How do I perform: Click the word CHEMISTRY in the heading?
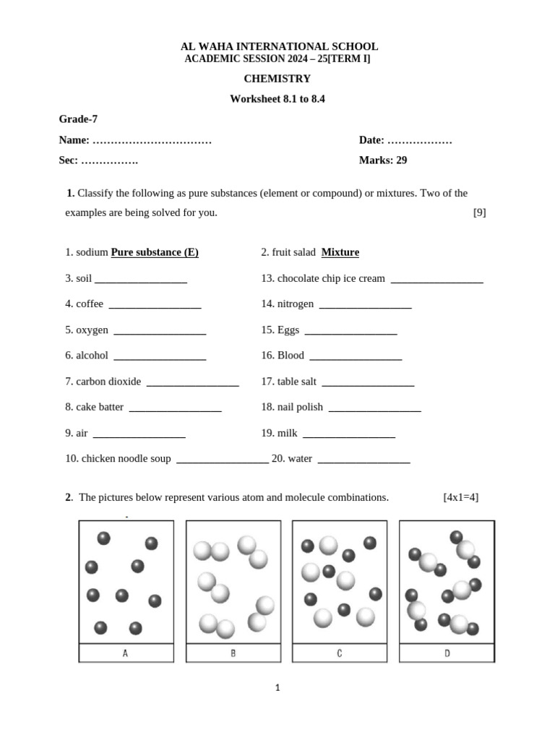277,79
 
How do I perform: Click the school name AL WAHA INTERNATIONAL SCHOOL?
277,46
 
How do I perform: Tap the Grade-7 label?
78,119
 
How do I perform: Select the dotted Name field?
152,140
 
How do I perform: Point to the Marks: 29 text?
383,160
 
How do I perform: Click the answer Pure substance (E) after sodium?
155,252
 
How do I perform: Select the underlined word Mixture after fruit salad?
340,252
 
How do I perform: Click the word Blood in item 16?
291,356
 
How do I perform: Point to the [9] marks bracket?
479,212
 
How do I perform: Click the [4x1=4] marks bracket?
460,497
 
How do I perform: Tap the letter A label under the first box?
126,653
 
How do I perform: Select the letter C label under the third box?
340,653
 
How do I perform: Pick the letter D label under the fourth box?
447,653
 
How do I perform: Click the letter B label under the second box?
233,653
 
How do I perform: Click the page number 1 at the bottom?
277,688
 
